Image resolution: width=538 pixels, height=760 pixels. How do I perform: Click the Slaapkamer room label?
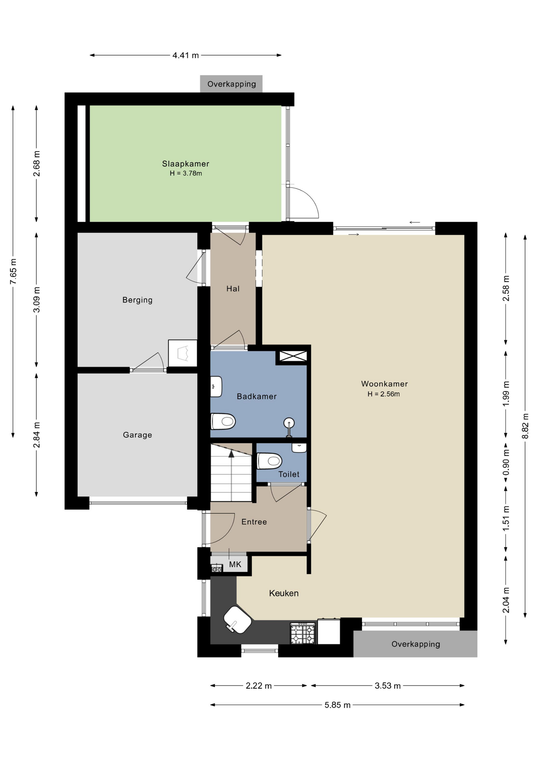[185, 163]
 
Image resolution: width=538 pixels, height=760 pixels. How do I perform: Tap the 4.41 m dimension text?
[185, 55]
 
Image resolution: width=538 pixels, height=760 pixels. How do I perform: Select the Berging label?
[137, 300]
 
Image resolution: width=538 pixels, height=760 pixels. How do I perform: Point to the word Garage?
[137, 435]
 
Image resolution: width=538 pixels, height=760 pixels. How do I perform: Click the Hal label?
[233, 289]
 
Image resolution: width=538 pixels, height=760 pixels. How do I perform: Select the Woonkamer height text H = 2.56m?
[383, 394]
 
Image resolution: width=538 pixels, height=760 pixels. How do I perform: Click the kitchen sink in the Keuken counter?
[237, 620]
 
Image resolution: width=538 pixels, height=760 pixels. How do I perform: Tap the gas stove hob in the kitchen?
[303, 633]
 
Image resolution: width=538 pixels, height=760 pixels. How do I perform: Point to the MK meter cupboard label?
[235, 564]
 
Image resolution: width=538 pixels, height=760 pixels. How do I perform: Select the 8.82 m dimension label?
[525, 426]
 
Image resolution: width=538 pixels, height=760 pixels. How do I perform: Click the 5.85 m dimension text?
[338, 705]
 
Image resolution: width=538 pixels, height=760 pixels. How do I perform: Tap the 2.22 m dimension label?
[259, 686]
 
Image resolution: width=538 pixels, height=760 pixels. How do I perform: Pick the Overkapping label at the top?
[232, 84]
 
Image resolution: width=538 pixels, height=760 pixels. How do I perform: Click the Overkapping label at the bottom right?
[416, 644]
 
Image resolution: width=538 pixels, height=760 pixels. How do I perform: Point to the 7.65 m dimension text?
[13, 271]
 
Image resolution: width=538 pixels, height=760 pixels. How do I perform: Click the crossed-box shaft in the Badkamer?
[293, 356]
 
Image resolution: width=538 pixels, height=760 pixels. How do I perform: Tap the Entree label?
[254, 522]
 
